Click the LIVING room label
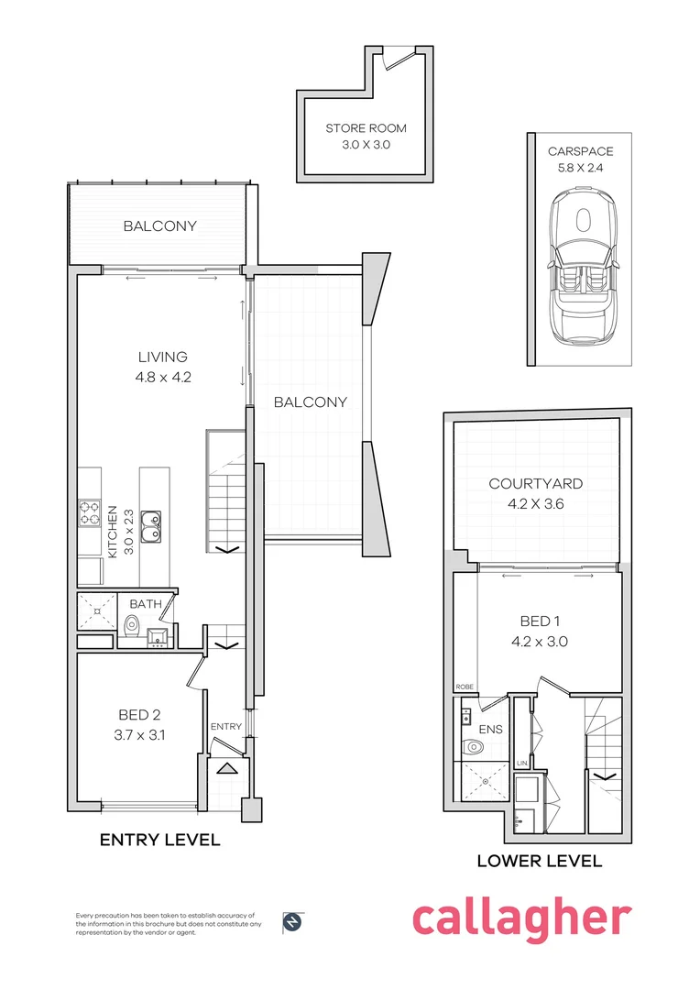click(x=163, y=357)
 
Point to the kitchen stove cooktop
click(x=90, y=512)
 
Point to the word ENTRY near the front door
click(x=225, y=727)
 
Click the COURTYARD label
click(x=535, y=484)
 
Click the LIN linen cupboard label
click(x=520, y=763)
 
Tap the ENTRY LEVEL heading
click(x=159, y=840)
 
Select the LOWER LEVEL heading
click(x=539, y=861)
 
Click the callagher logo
click(x=521, y=918)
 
